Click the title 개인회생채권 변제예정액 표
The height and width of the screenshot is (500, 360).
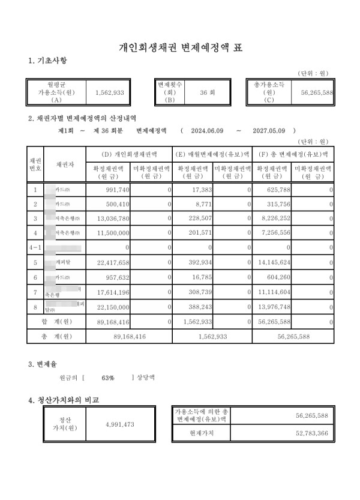click(180, 47)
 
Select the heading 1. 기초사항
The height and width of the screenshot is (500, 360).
click(47, 61)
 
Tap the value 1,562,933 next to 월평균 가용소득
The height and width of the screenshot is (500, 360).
click(110, 93)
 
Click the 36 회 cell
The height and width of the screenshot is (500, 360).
click(207, 93)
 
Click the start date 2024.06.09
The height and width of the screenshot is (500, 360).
click(207, 130)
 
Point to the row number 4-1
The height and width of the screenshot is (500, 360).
click(35, 248)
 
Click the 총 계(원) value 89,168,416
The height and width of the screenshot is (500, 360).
click(129, 337)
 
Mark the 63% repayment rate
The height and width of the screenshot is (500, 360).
click(108, 378)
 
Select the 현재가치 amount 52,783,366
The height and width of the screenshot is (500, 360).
click(311, 432)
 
